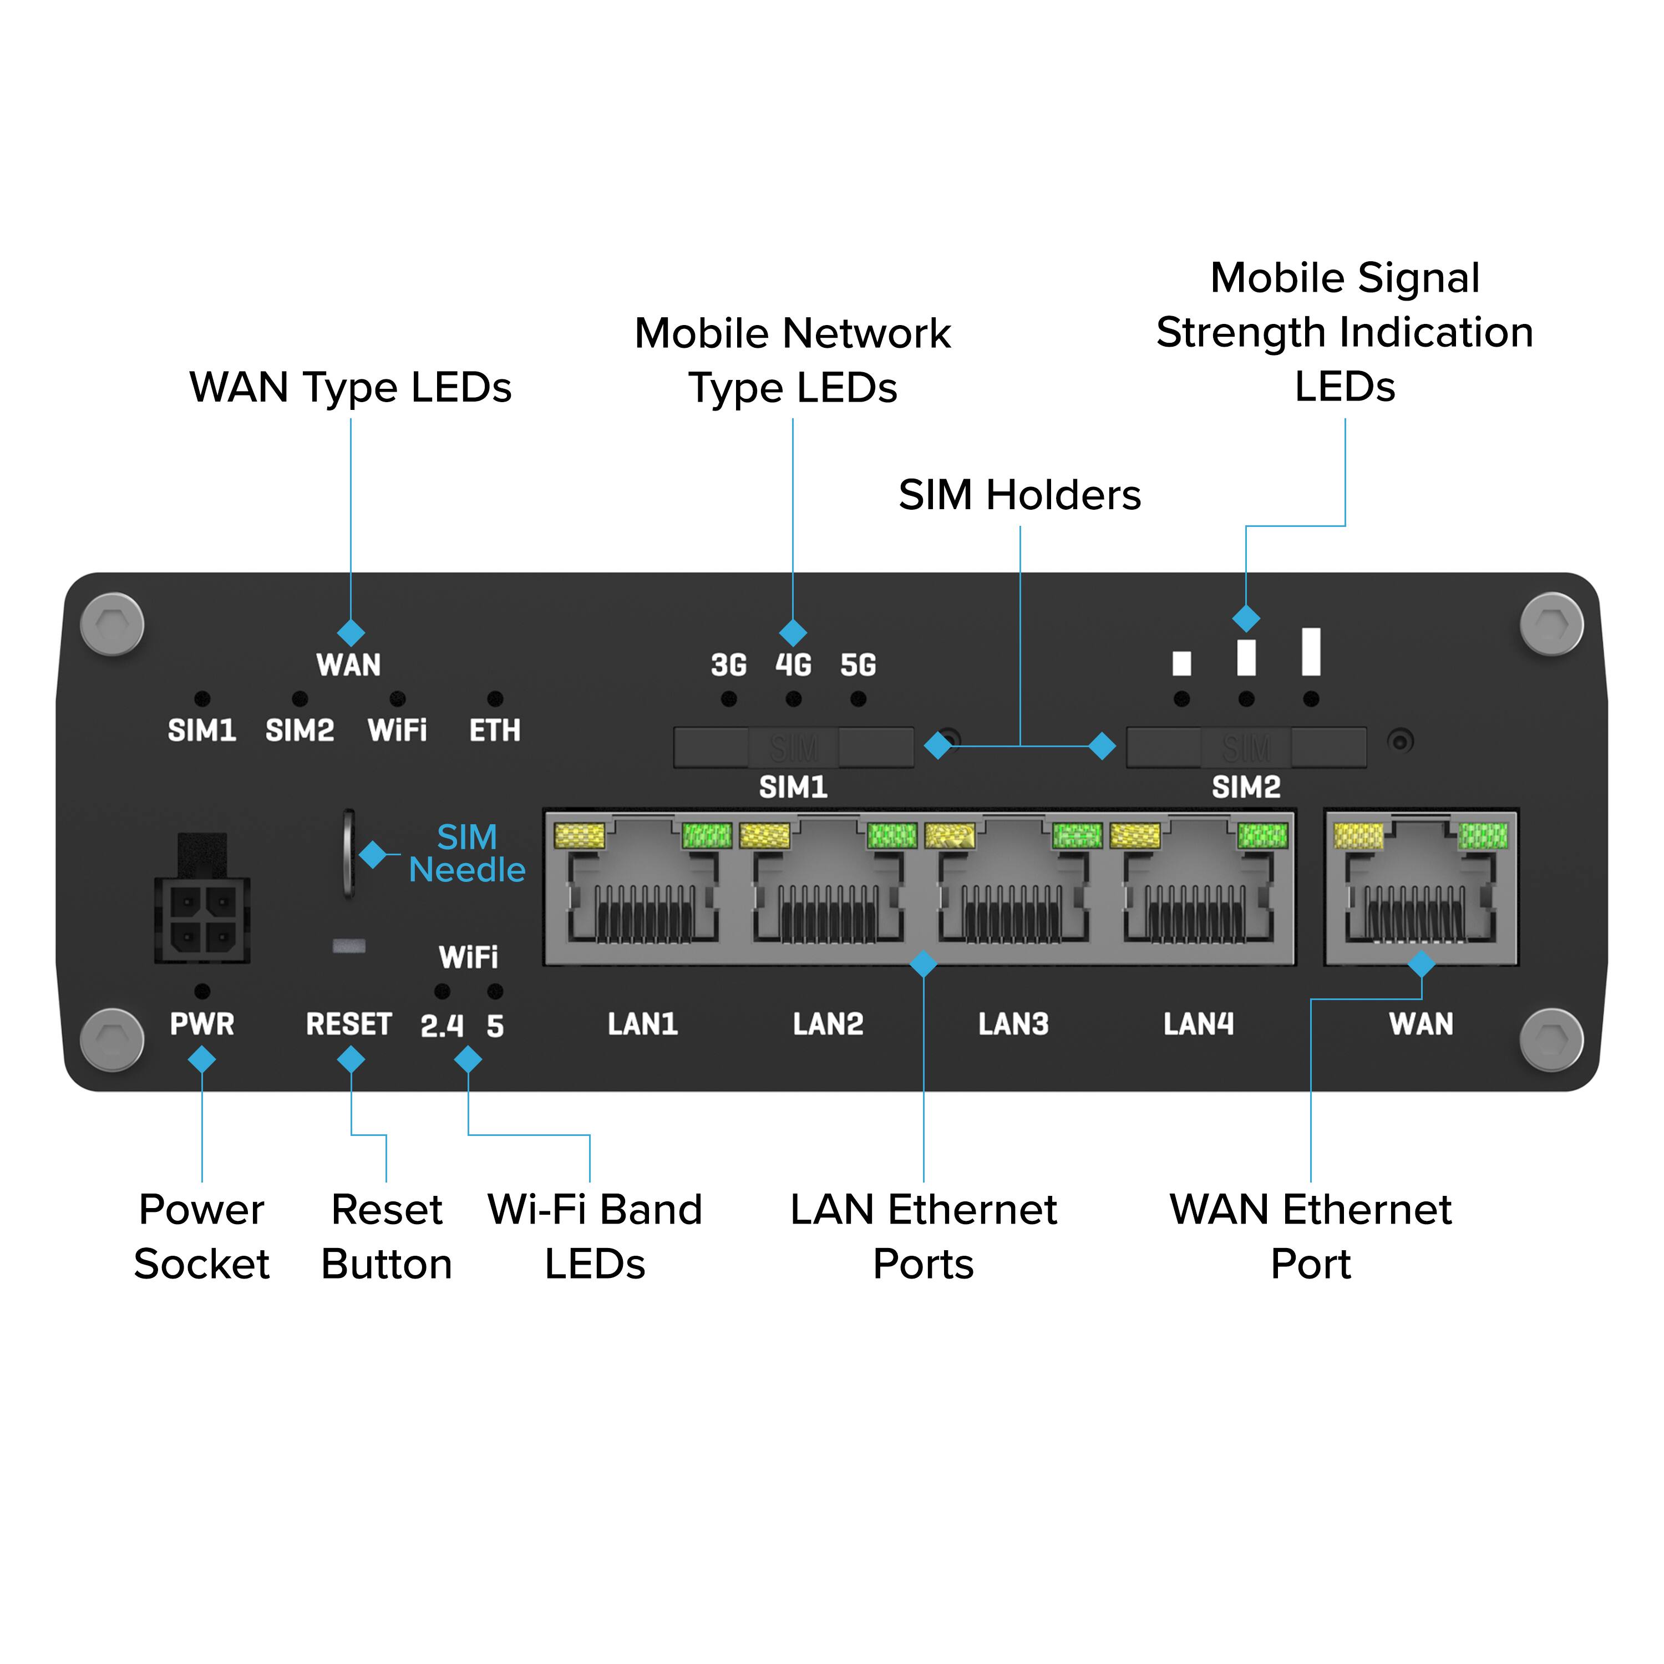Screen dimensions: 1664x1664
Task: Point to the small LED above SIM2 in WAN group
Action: tap(299, 698)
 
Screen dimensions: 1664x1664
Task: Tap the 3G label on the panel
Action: tap(729, 665)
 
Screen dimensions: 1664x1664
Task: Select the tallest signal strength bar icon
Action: tap(1311, 651)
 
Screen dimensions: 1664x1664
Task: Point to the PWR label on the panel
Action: tap(201, 1024)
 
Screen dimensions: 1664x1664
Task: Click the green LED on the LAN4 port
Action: tap(1262, 835)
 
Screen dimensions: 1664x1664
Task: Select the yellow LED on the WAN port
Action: tap(1358, 835)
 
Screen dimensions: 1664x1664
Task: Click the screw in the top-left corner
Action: tap(112, 623)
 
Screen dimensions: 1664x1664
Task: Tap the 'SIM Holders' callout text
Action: tap(1020, 495)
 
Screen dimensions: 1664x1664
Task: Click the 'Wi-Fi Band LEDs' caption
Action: tap(594, 1237)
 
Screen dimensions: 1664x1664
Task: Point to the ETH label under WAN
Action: tap(494, 730)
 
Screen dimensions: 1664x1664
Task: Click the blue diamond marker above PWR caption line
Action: tap(201, 1059)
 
